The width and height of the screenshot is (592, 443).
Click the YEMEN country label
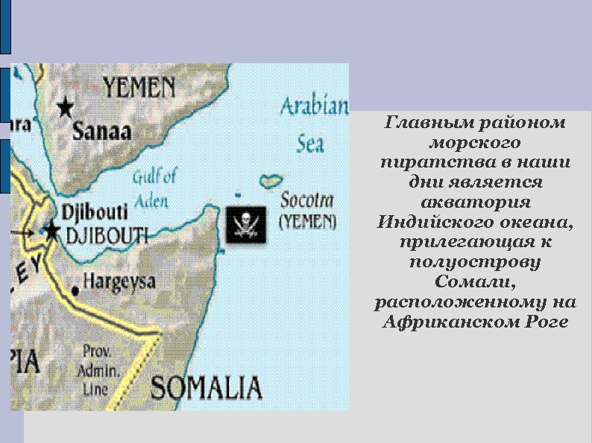pyautogui.click(x=139, y=89)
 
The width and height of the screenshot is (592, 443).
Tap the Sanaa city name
pyautogui.click(x=101, y=131)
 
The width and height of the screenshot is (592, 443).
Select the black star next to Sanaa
pyautogui.click(x=66, y=107)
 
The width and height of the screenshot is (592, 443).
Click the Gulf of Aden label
pyautogui.click(x=154, y=188)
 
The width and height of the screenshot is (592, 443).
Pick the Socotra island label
pyautogui.click(x=307, y=200)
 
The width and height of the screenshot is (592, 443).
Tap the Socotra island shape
pyautogui.click(x=271, y=180)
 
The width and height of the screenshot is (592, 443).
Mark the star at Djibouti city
pyautogui.click(x=51, y=232)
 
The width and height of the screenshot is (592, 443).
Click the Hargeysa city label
pyautogui.click(x=119, y=282)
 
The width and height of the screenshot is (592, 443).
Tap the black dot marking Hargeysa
pyautogui.click(x=75, y=288)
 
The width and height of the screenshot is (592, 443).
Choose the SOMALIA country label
pyautogui.click(x=207, y=388)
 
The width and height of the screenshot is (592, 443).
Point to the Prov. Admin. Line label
pyautogui.click(x=100, y=370)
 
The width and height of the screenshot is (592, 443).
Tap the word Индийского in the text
pyautogui.click(x=433, y=222)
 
